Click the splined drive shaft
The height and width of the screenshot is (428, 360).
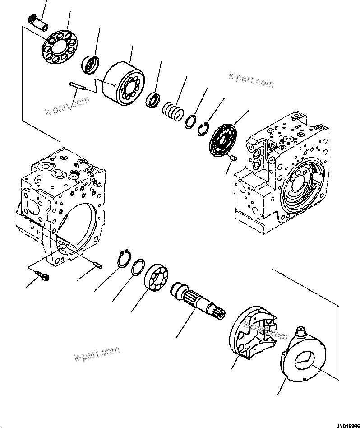pyautogui.click(x=199, y=301)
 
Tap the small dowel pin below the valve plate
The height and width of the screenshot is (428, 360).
pyautogui.click(x=233, y=158)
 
